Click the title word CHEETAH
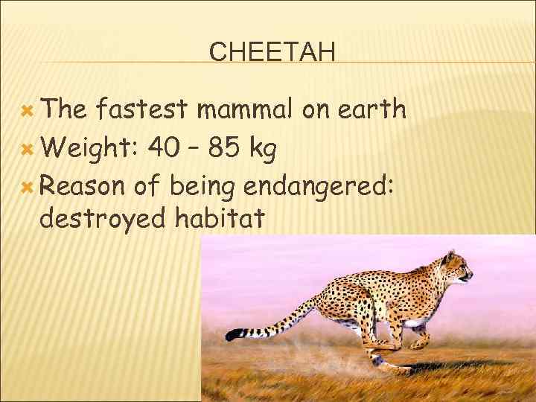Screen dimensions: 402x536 (272, 52)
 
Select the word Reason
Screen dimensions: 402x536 (83, 185)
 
